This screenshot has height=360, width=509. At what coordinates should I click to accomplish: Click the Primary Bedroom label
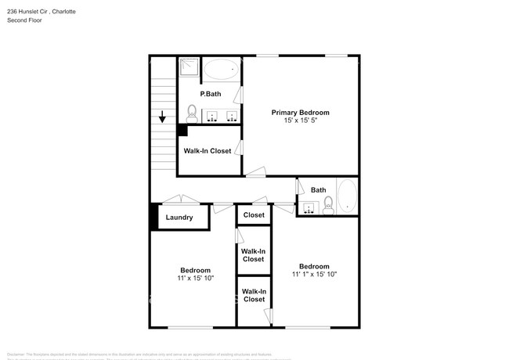(x=300, y=112)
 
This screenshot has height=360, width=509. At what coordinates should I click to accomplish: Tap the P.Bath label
(x=210, y=94)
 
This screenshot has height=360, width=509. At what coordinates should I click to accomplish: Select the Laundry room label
(x=179, y=217)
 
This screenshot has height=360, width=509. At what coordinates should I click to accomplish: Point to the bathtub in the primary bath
(x=222, y=70)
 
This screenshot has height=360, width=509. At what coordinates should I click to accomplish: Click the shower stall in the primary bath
(x=189, y=68)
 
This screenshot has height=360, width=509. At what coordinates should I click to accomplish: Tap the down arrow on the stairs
(x=162, y=118)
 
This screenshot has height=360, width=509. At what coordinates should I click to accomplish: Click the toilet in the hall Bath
(x=328, y=205)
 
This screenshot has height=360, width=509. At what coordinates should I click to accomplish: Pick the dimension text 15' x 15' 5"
(x=300, y=121)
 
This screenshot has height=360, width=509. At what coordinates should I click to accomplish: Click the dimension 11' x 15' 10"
(x=196, y=278)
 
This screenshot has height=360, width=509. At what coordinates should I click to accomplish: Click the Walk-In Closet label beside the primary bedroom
(x=208, y=150)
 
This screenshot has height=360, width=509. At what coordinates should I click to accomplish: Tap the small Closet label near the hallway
(x=254, y=214)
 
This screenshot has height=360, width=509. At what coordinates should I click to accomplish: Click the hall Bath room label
(x=319, y=189)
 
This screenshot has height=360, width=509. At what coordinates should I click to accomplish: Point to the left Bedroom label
(x=196, y=270)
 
